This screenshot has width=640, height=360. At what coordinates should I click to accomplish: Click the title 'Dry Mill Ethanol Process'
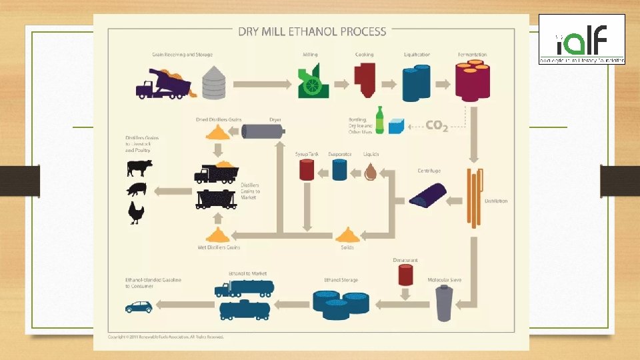(x=312, y=31)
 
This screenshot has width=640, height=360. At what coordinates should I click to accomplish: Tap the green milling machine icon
(x=313, y=82)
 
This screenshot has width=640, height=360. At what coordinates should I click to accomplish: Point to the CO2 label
(x=437, y=125)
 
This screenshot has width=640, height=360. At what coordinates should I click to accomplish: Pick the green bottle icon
(x=380, y=120)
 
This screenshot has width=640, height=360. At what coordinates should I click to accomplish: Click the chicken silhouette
(x=137, y=213)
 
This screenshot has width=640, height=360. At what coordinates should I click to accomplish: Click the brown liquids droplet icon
(x=371, y=172)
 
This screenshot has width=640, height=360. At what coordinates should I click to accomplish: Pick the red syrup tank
(x=307, y=170)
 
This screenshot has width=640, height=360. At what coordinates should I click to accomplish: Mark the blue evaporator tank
(x=339, y=171)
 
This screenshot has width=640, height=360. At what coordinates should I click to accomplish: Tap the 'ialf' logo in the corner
(x=581, y=39)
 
